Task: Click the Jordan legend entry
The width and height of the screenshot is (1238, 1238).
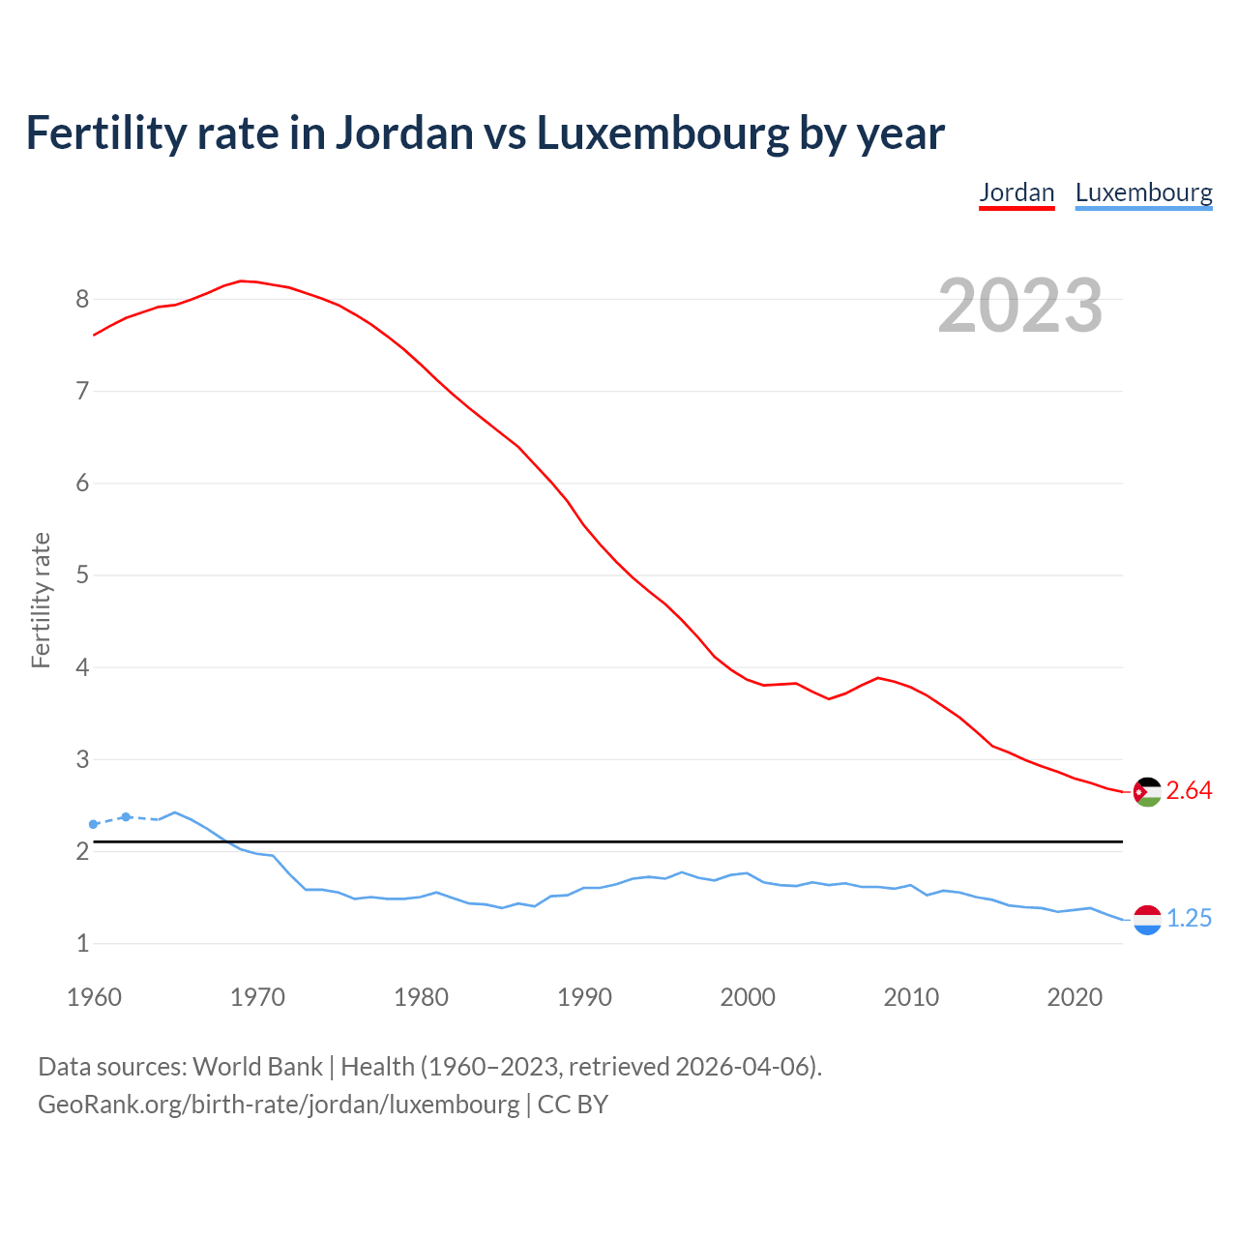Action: tap(1017, 192)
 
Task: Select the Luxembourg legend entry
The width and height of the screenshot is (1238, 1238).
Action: tap(1143, 192)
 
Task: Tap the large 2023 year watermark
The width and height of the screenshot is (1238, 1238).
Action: tap(1020, 306)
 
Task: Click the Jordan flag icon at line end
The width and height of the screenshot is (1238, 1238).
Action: tap(1147, 792)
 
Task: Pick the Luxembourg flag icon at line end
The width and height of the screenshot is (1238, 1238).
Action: tap(1147, 920)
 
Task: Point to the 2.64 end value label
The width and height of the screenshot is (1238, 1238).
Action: tap(1189, 791)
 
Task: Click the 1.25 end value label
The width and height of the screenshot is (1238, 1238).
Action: tap(1189, 919)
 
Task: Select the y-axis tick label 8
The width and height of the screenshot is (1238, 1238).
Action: tap(82, 300)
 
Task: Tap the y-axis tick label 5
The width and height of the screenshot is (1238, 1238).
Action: tap(82, 575)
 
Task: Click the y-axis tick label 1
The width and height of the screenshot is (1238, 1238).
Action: tap(82, 944)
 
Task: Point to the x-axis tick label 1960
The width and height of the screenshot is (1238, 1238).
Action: tap(94, 997)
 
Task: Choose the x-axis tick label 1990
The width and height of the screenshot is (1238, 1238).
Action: tap(584, 997)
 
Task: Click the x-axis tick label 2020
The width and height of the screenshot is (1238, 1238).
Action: tap(1075, 997)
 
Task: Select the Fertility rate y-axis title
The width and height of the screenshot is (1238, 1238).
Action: tap(41, 600)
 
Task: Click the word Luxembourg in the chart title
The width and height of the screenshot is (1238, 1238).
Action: tap(663, 133)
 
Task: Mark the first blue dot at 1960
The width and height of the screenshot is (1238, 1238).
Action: tap(94, 824)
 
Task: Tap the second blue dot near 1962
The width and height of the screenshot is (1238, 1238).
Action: tap(126, 817)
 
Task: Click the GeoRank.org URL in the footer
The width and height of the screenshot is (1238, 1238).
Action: tap(279, 1105)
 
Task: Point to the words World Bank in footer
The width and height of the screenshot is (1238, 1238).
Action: tap(257, 1067)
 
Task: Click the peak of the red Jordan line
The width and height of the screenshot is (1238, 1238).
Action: tap(241, 280)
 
